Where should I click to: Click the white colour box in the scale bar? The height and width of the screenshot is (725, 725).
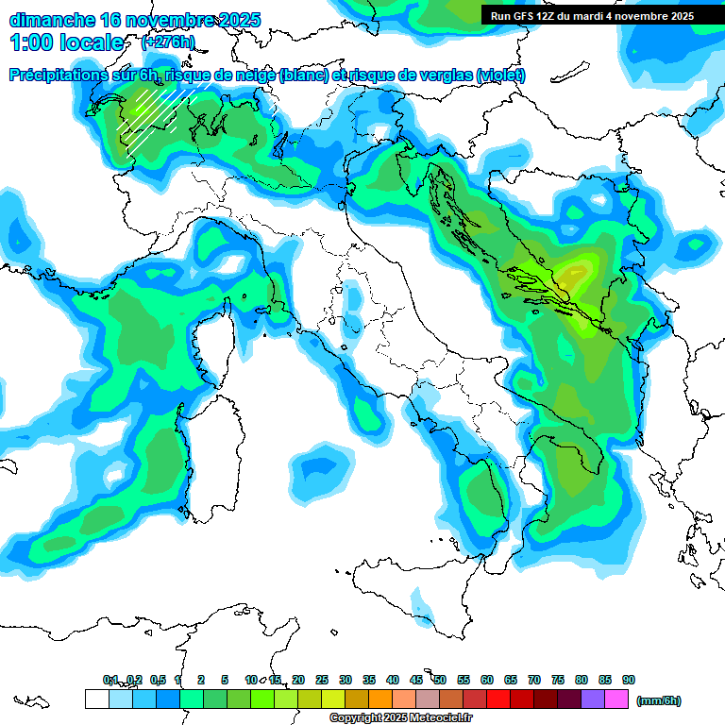[96, 699]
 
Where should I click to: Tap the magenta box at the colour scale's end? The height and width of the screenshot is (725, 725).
[616, 699]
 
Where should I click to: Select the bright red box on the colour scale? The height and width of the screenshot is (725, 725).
[498, 699]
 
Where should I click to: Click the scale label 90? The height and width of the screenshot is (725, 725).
[629, 680]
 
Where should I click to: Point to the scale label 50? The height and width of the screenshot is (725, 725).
[440, 680]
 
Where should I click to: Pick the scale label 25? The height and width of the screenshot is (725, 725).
[322, 680]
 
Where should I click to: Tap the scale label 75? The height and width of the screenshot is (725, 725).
[558, 680]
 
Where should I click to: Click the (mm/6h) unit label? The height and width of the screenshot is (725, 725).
[659, 700]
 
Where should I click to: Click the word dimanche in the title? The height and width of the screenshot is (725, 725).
[51, 19]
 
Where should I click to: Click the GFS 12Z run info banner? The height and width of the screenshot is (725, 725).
[592, 15]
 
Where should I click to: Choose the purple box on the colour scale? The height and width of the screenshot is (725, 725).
[593, 699]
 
